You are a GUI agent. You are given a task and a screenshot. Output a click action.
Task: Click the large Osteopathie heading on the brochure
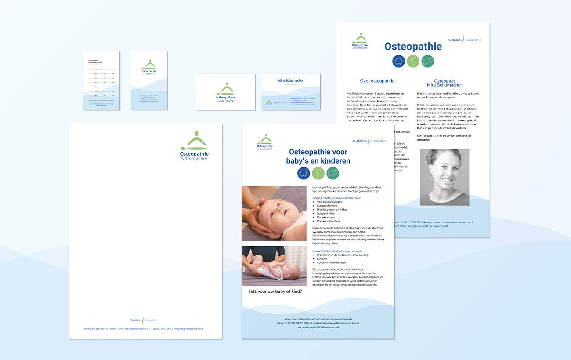[413, 47]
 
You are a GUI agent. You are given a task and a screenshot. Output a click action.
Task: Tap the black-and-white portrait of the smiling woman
[445, 177]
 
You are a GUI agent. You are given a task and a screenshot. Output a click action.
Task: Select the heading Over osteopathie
[377, 81]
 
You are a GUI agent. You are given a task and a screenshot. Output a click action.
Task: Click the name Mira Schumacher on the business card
[291, 80]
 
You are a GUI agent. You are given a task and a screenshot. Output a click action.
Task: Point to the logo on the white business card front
[226, 92]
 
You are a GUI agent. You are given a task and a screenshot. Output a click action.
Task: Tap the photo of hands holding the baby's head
[274, 213]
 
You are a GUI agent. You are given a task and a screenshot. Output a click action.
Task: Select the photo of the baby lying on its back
[274, 265]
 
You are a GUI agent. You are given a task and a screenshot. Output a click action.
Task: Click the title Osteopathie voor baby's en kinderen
[318, 156]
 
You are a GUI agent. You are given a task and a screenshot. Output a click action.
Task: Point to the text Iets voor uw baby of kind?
[272, 291]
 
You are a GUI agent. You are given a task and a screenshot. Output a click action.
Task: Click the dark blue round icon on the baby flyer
[304, 173]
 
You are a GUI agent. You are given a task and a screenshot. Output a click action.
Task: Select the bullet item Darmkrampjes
[326, 217]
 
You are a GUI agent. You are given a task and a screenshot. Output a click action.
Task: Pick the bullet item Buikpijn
[322, 259]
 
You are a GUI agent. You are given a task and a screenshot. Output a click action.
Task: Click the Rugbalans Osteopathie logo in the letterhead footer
[144, 320]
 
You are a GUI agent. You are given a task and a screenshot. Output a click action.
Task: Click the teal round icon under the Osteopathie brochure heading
[427, 61]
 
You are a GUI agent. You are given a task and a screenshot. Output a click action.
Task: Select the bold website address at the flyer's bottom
[318, 327]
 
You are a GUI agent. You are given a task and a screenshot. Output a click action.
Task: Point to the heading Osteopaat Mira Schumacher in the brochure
[445, 83]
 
